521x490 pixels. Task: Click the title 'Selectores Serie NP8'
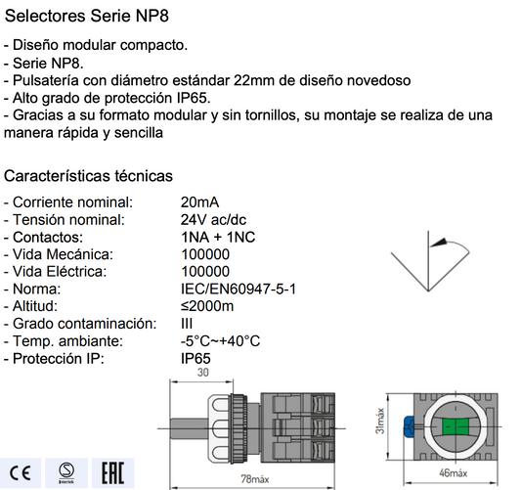(x=80, y=17)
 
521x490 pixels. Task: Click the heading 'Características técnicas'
(x=89, y=176)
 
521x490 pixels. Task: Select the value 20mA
(x=200, y=201)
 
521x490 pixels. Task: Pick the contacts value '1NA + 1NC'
(x=217, y=237)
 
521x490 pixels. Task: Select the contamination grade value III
(x=188, y=323)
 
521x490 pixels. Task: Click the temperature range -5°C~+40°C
(x=221, y=340)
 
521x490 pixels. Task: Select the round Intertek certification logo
(x=65, y=466)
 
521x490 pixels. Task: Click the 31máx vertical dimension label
(x=380, y=423)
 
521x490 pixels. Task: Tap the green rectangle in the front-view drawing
(x=456, y=426)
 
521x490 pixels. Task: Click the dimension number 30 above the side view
(x=204, y=373)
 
